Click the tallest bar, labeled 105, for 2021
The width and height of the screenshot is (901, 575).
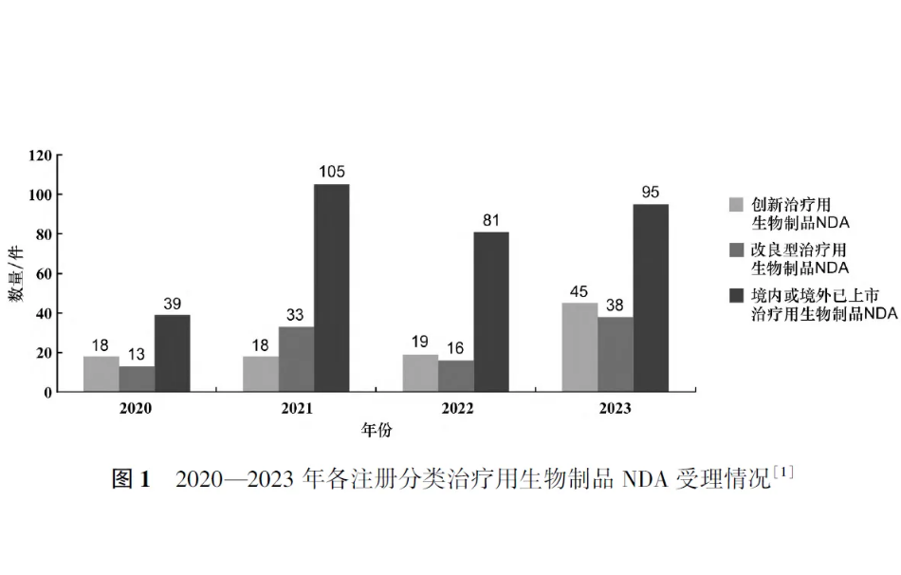coord(332,287)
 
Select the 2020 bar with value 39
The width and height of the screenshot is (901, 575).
coord(172,353)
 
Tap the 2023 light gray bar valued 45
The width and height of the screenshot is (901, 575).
coord(579,347)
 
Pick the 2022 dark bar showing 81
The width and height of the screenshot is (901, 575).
coord(491,311)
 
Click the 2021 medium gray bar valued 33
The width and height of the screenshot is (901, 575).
coord(296,359)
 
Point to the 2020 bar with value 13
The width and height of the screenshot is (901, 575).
coord(137,379)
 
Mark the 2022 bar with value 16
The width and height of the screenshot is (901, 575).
coord(456,376)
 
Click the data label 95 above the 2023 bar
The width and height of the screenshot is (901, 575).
coord(650,193)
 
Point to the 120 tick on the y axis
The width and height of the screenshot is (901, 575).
coord(41,156)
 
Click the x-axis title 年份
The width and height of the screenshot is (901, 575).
coord(376,430)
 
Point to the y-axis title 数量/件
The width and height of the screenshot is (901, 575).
coord(18,274)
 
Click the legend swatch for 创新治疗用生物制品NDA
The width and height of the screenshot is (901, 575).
coord(736,204)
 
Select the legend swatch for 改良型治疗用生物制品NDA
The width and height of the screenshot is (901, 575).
coord(736,250)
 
